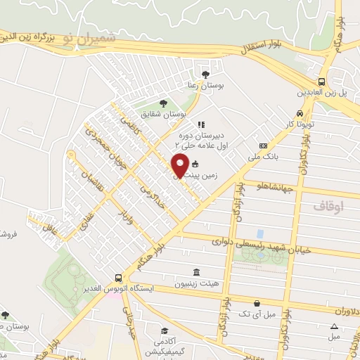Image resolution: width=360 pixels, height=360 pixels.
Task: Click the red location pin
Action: (180, 167)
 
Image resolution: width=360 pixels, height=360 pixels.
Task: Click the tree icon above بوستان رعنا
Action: (205, 73)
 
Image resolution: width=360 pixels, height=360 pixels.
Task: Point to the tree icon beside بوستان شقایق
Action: (164, 103)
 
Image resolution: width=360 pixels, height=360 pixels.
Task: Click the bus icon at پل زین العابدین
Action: (321, 82)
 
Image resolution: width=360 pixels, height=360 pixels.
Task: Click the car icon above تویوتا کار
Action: (300, 113)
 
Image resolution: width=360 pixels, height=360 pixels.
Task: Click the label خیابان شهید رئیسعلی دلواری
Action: (255, 243)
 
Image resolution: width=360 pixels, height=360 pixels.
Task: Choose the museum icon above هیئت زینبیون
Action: (194, 272)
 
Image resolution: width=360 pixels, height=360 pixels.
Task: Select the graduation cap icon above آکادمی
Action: (164, 330)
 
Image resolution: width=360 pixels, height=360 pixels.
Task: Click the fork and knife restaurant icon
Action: (200, 124)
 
